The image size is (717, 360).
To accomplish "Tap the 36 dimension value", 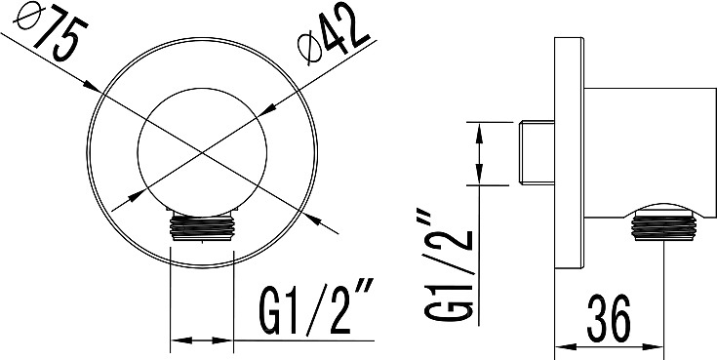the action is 609,319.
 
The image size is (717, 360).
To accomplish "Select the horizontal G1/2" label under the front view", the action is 316,308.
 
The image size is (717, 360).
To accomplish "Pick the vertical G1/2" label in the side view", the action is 448,265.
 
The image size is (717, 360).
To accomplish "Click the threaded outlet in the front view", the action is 202,226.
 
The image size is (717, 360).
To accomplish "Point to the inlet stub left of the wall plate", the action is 538,152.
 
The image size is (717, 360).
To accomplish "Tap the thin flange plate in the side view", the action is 570,152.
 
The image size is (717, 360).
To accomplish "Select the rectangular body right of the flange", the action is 651,151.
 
